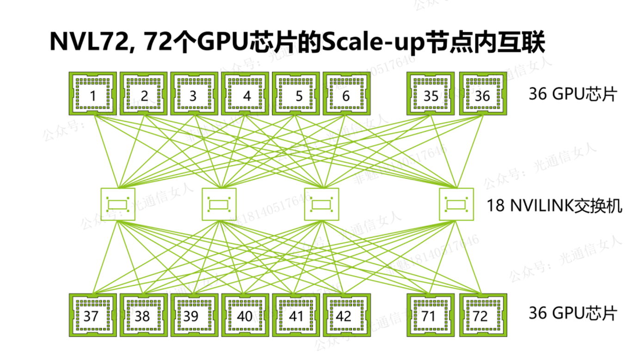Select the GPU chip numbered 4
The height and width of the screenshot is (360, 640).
tap(246, 94)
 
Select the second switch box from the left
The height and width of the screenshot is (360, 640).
tap(220, 204)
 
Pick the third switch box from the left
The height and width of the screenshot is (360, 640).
tap(321, 204)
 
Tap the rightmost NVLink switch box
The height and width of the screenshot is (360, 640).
tap(456, 204)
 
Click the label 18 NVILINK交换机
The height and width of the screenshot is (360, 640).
tap(554, 205)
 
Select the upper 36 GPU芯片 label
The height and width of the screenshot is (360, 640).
tap(572, 95)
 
